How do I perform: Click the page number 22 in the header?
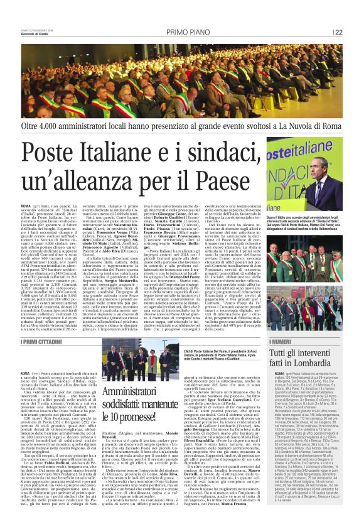pos(338,33)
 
